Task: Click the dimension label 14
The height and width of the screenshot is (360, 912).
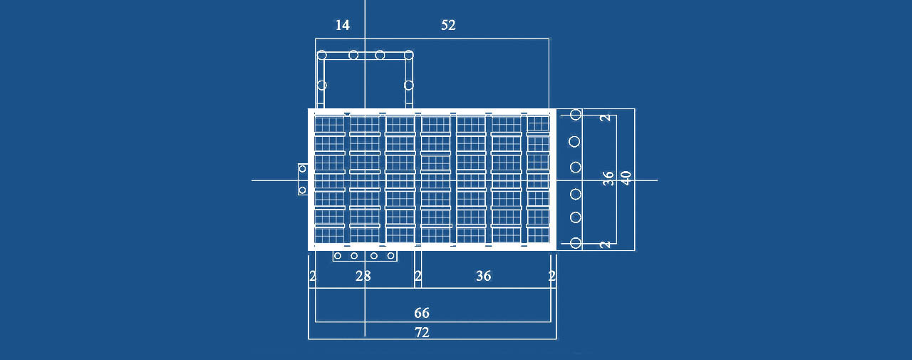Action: click(343, 25)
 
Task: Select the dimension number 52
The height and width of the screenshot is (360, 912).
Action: click(448, 25)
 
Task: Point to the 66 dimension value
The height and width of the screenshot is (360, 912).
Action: click(421, 313)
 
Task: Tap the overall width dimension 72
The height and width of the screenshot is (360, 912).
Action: click(422, 333)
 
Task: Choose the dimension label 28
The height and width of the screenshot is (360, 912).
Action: click(363, 276)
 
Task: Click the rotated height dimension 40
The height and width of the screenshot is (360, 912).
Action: click(626, 178)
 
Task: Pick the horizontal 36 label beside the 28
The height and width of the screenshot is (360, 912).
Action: click(483, 276)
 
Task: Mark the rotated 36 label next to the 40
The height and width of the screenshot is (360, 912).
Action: click(608, 178)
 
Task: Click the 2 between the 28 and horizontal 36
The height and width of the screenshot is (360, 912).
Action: click(418, 276)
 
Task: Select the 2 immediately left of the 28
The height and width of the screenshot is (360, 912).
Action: click(312, 276)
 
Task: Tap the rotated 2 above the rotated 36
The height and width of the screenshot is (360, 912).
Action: click(606, 118)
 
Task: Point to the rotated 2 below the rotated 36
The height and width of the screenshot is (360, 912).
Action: click(606, 245)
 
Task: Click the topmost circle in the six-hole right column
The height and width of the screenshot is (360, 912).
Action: click(575, 115)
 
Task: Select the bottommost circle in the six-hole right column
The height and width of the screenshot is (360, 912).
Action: click(575, 243)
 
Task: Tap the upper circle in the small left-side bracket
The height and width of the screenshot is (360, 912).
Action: click(303, 169)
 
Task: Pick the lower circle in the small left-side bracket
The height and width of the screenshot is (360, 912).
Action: click(303, 190)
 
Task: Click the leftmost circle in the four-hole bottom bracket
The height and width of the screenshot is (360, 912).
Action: click(338, 256)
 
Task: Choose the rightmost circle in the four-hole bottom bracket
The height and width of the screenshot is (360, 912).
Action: click(391, 256)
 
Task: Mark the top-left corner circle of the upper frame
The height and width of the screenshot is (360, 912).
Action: click(322, 55)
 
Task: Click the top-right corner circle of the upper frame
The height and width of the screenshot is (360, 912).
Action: click(409, 55)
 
